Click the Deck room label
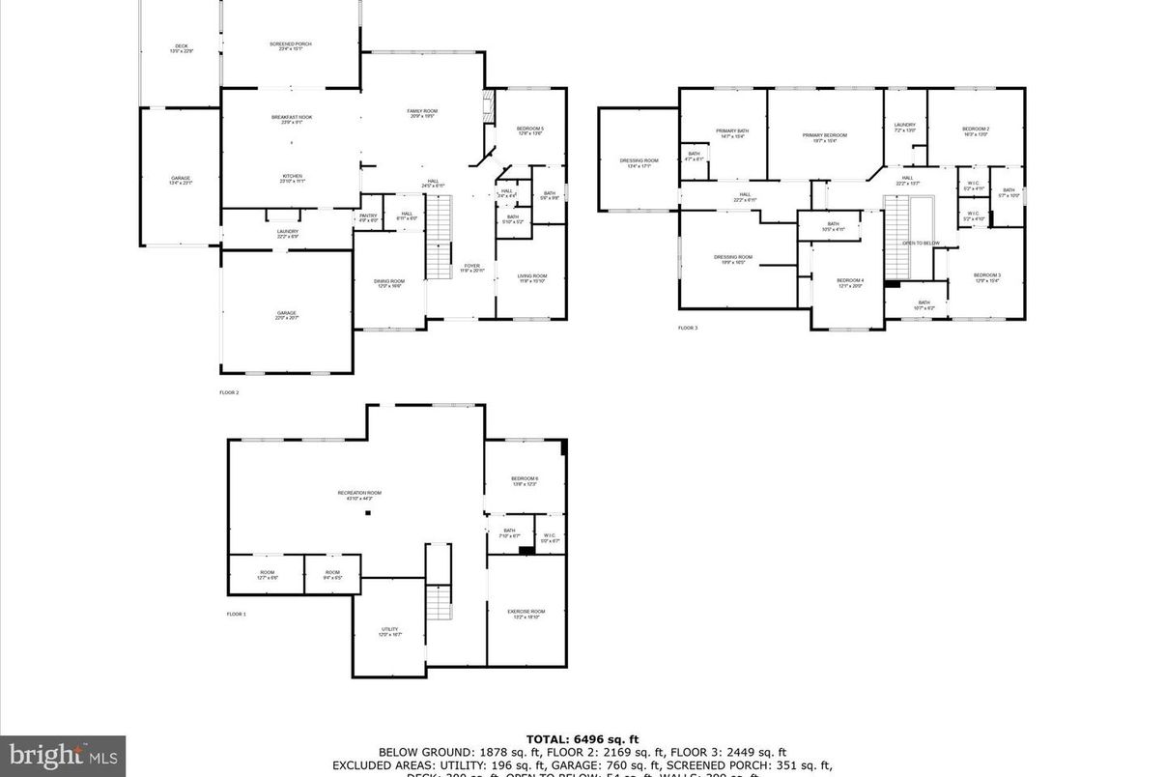[181, 47]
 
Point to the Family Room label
[422, 113]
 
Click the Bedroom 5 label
[529, 130]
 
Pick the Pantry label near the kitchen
[368, 217]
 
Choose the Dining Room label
[389, 282]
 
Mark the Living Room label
[532, 278]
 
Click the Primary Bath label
[732, 132]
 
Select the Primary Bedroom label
[824, 136]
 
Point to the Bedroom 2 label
[975, 130]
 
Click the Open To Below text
[921, 243]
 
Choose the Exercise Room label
[526, 613]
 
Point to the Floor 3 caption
[687, 329]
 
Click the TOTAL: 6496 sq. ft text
[582, 740]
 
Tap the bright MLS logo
[62, 755]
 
